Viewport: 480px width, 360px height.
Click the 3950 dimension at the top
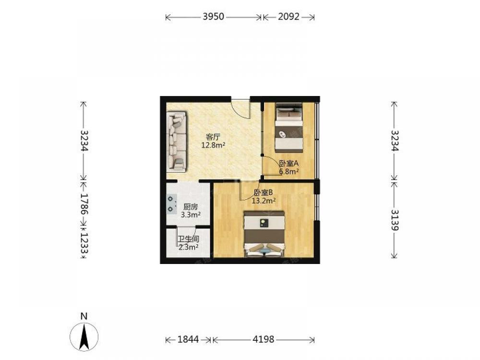pos(214,16)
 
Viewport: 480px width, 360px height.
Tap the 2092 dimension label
pos(288,16)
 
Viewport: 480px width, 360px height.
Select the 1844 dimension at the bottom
pos(188,339)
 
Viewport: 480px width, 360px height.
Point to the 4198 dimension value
pos(264,339)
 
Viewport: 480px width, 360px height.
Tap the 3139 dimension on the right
pos(395,220)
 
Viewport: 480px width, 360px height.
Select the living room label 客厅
pos(214,136)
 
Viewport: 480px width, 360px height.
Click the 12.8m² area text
pos(214,145)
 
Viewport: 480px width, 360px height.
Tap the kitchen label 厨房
pos(191,206)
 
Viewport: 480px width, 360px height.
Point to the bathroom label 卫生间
pos(189,239)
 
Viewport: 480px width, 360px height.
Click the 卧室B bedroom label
pos(264,192)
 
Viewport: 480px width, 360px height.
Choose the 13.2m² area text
pos(264,201)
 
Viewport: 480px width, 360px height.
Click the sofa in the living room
pos(177,141)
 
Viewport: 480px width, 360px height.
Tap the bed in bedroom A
pos(289,128)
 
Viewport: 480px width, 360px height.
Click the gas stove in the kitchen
pos(171,204)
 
